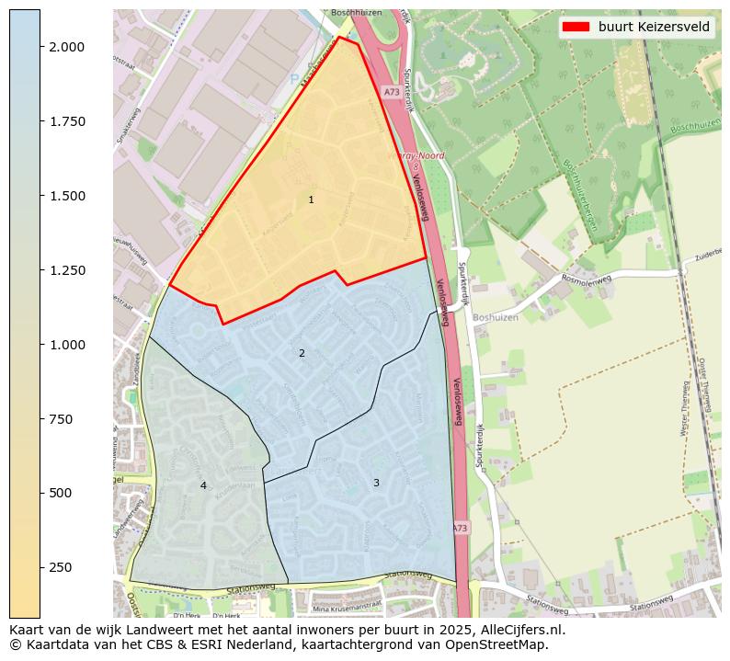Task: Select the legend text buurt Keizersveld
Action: click(x=654, y=27)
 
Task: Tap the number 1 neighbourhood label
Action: click(x=311, y=199)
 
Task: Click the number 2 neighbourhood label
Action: click(x=302, y=353)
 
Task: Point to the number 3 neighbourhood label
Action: click(x=376, y=483)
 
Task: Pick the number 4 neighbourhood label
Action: click(x=203, y=485)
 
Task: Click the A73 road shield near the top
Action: click(x=390, y=93)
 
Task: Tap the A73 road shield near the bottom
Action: click(x=460, y=528)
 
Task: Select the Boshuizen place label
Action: click(x=496, y=317)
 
